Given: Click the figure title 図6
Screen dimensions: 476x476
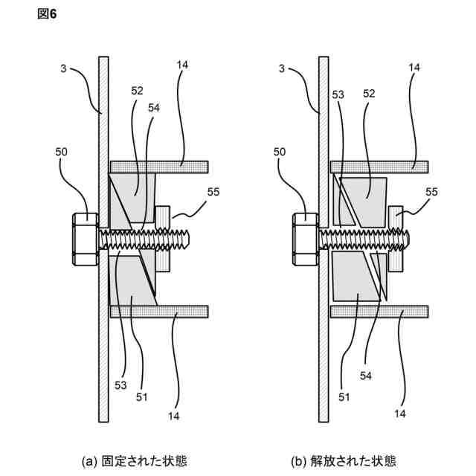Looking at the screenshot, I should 47,15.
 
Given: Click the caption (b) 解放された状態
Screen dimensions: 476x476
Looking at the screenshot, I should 354,461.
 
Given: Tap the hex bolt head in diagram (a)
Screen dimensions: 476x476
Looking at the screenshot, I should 85,239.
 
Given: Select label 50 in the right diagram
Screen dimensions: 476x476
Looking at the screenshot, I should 280,152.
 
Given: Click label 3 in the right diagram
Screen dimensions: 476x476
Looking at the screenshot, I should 283,68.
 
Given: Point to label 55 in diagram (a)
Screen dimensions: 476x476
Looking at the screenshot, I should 213,192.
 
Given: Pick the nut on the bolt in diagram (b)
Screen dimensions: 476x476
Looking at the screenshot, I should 395,238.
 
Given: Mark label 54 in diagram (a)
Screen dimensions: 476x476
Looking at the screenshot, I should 154,107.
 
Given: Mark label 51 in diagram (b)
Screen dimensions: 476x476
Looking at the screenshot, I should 344,396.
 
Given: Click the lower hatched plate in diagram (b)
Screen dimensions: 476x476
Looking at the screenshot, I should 379,311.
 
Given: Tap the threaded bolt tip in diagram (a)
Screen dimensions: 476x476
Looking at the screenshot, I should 188,239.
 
